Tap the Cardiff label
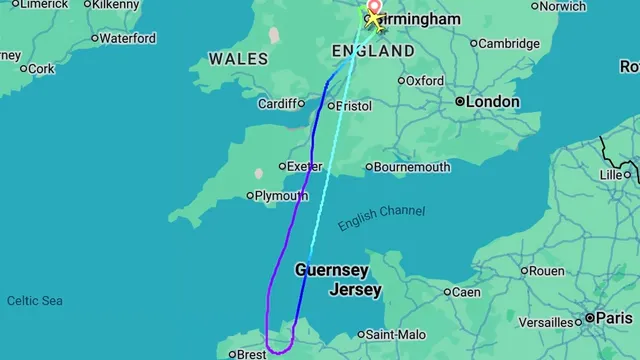pos(277,103)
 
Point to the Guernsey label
pos(332,271)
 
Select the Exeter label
pos(304,166)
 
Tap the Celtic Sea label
pos(35,301)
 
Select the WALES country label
pos(238,59)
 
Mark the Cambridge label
pos(509,43)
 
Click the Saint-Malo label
pos(393,335)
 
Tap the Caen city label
pos(466,292)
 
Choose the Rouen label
pos(546,271)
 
